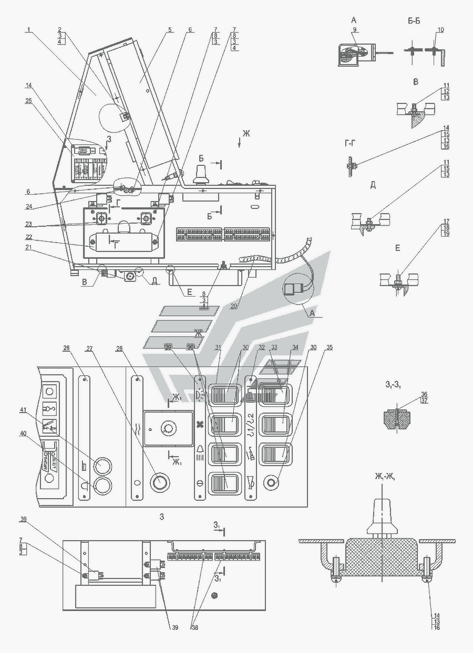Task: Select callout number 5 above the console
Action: (x=170, y=30)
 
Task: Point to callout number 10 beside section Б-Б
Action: (x=440, y=30)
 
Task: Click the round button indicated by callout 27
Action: (x=159, y=480)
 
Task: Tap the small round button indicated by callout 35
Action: (x=271, y=482)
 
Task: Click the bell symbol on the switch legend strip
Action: (x=200, y=449)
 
